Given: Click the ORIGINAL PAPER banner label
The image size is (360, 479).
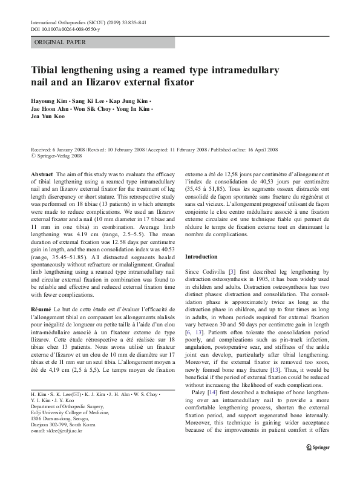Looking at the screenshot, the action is click(59, 43).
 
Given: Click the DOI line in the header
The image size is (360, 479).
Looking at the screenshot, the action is click(66, 29).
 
